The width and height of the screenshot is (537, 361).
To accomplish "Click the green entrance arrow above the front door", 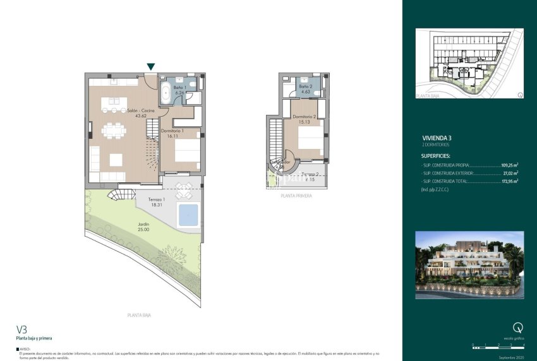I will (x=150, y=66).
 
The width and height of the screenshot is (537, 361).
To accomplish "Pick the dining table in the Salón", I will (x=114, y=131).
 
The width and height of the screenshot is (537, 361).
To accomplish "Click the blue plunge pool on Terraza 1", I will (x=188, y=216).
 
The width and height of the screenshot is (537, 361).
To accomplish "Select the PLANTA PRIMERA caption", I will (x=296, y=196).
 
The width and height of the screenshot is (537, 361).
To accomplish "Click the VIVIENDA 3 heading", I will (x=437, y=138).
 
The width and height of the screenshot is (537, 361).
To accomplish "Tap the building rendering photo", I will (x=469, y=264).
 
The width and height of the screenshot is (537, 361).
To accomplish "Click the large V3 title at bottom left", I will (x=22, y=329).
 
